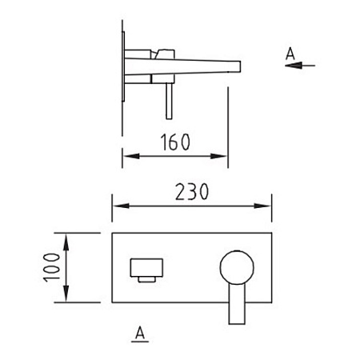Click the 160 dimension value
point(175,142)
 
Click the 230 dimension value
point(192,191)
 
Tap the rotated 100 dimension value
point(52,267)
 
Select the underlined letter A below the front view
point(140,334)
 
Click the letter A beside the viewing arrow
point(290,54)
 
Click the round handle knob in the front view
point(237,267)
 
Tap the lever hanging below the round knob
point(237,304)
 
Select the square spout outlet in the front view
point(146,267)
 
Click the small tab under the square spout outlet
point(146,279)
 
